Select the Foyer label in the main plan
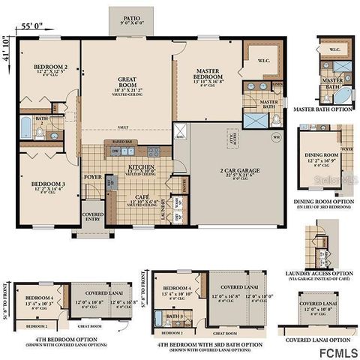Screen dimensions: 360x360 [x=92, y=178]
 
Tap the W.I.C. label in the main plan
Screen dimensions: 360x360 [x=264, y=61]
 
